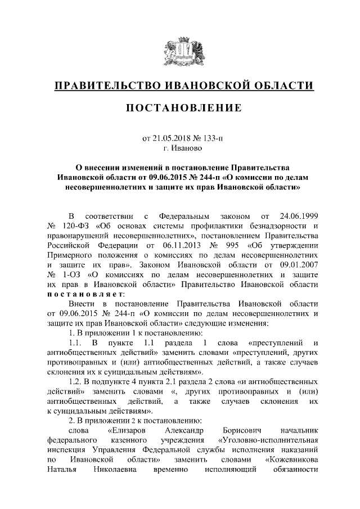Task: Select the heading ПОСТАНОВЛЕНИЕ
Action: (180, 107)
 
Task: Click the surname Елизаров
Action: (127, 431)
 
